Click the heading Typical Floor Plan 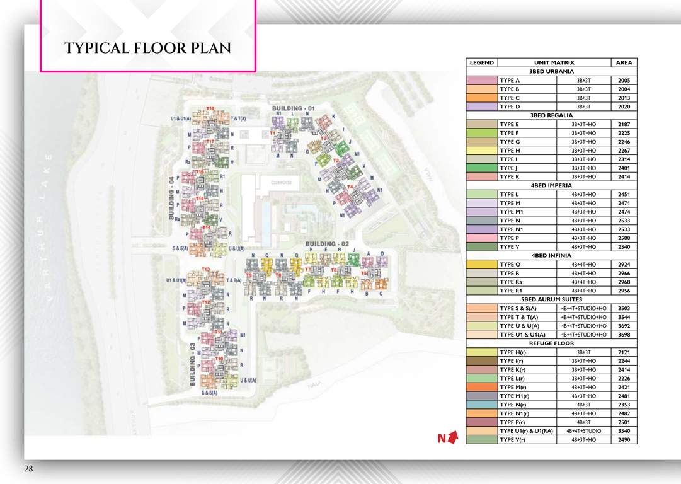click(147, 48)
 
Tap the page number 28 click(29, 469)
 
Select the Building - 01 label click(293, 108)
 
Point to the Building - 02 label click(327, 244)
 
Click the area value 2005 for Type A click(624, 81)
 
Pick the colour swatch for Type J click(481, 168)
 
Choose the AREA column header click(624, 63)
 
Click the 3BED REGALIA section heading click(551, 115)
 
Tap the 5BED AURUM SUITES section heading click(551, 299)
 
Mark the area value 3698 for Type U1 click(624, 335)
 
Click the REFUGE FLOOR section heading click(551, 343)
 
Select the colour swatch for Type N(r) click(481, 405)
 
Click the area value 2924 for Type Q click(624, 265)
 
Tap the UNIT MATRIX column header click(554, 63)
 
